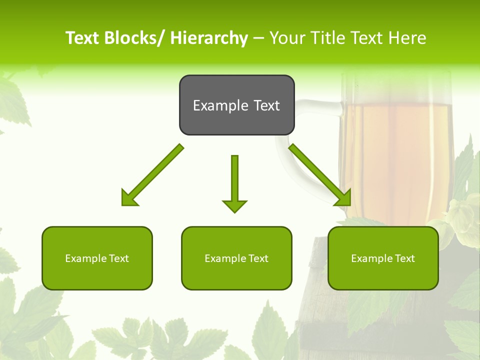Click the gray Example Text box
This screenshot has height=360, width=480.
pos(236,105)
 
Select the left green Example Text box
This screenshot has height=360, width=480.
pos(97,258)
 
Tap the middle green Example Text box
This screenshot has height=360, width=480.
pos(236,258)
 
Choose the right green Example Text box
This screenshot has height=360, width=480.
pos(383,258)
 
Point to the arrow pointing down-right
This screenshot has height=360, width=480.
pos(320,175)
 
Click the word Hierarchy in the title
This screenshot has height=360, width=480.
pos(208,38)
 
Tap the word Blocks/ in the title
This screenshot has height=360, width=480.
pos(134,38)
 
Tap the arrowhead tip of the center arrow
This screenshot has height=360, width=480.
pos(234,211)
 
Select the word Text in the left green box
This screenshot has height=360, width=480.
pos(119,258)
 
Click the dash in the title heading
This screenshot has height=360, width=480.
pos(258,38)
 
